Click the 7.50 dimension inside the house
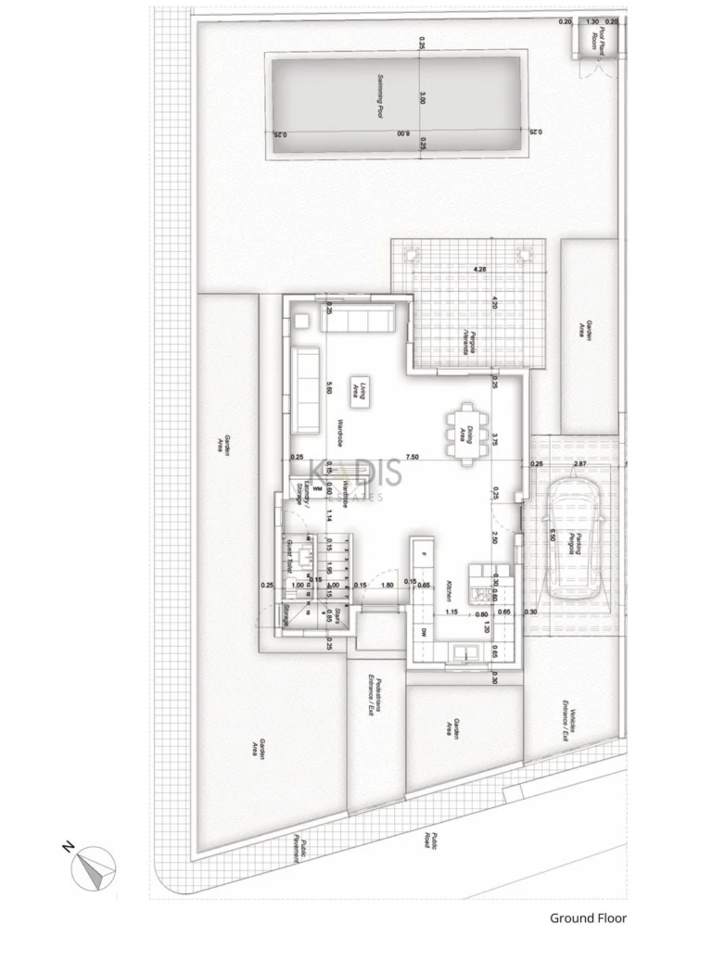pos(412,457)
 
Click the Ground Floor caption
pos(588,918)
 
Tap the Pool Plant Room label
pos(598,41)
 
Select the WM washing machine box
pos(317,488)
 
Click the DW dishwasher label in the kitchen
pos(424,631)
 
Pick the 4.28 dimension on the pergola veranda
pos(480,270)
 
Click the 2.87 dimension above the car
pos(580,462)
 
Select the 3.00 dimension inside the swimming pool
pos(421,99)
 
